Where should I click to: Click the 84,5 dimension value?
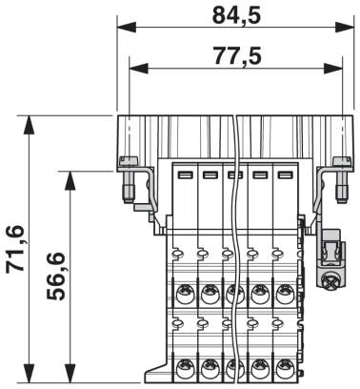tap(236, 15)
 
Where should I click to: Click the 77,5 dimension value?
tap(237, 55)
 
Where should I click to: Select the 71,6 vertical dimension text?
tap(15, 249)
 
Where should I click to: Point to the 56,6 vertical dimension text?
tap(56, 276)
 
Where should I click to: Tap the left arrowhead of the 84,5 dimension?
tap(127, 28)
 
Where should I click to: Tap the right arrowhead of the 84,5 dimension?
tap(345, 28)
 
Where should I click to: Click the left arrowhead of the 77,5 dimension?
tap(139, 68)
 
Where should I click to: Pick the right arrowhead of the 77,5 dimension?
tap(333, 68)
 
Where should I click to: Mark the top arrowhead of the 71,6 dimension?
tap(30, 125)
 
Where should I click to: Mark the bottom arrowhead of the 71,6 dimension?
tap(30, 374)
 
